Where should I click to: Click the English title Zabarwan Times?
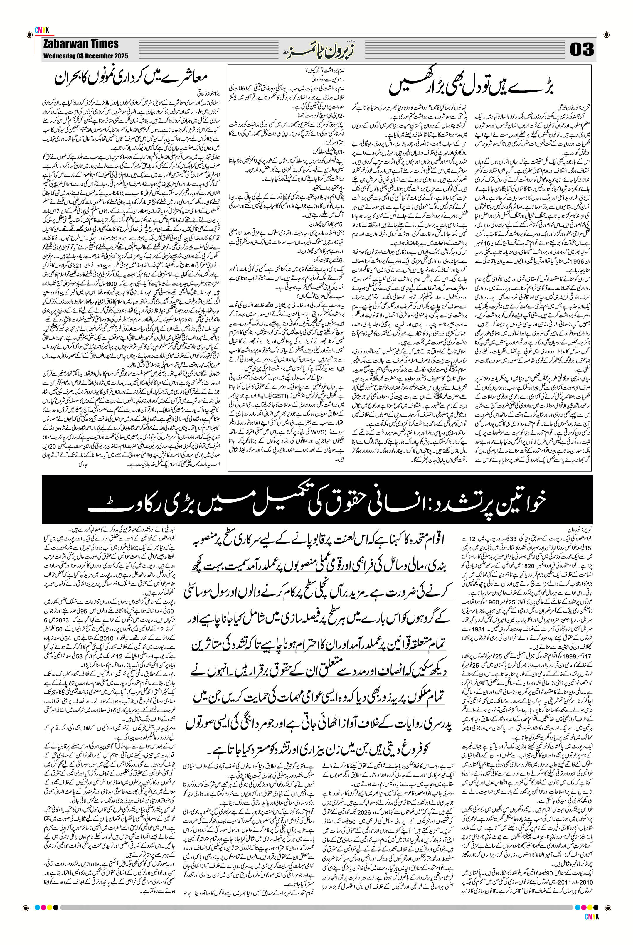81,44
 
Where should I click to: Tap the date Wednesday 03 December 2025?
86,56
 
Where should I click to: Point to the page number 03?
582,50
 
